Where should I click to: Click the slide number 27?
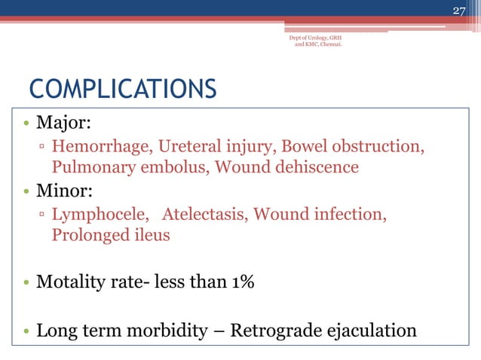(459, 10)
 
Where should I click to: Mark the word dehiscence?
(313, 166)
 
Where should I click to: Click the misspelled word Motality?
(71, 282)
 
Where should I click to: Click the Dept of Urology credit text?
(317, 40)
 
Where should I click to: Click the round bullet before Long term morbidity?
(26, 331)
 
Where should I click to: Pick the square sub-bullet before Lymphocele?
(43, 215)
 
